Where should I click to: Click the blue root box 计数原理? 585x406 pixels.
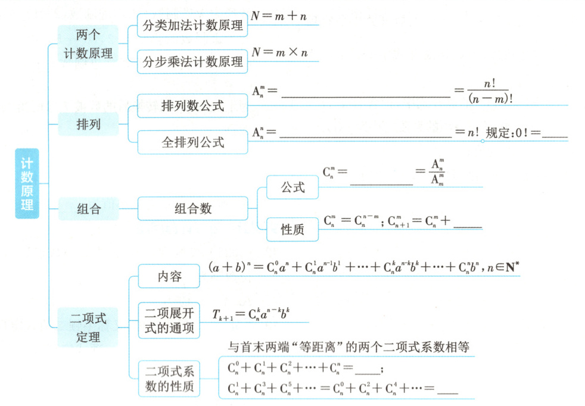click(27, 183)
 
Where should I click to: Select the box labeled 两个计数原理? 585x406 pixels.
click(88, 44)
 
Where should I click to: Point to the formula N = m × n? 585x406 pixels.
click(279, 52)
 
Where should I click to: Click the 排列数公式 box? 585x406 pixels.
click(192, 106)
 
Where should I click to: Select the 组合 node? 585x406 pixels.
click(88, 208)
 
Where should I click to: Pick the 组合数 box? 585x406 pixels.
click(192, 208)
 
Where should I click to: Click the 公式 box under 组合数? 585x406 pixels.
click(292, 188)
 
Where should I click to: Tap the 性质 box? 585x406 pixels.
click(292, 229)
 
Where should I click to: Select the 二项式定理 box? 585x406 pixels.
click(88, 327)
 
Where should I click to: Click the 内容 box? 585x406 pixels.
click(167, 277)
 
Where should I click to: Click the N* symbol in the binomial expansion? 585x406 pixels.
click(511, 268)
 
